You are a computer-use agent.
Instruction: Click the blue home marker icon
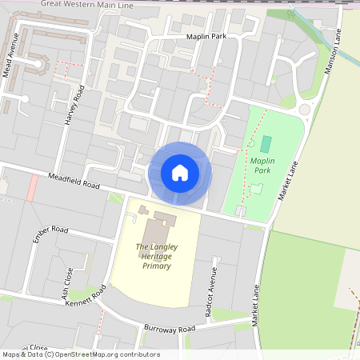click(180, 172)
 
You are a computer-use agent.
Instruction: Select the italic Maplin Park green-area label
click(262, 165)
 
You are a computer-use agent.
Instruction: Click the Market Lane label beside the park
click(286, 182)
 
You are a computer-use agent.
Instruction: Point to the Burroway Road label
click(170, 329)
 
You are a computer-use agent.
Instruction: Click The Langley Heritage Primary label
click(157, 256)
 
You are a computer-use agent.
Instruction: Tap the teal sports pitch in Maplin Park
click(266, 144)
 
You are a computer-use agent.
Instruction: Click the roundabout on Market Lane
click(305, 110)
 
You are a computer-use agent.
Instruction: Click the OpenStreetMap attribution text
click(80, 354)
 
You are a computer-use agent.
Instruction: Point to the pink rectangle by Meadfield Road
click(32, 189)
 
